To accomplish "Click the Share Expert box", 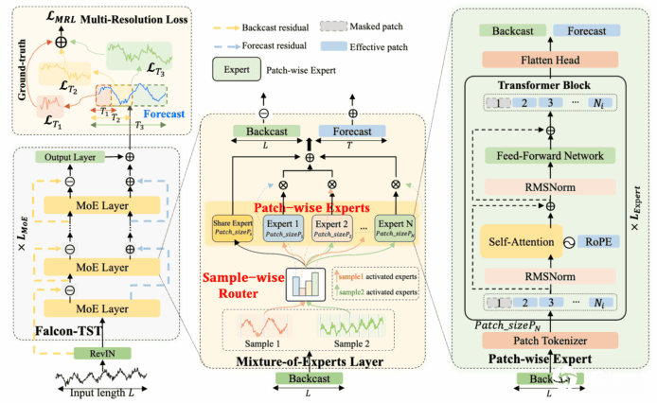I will pyautogui.click(x=234, y=227).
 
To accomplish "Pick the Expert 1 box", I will pyautogui.click(x=281, y=227).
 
